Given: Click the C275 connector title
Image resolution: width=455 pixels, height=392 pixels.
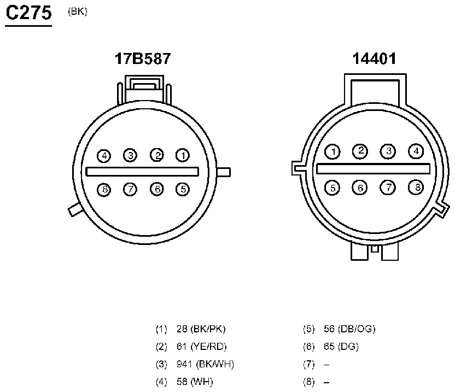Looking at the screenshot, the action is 28,13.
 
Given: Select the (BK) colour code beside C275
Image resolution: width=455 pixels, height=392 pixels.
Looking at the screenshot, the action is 78,11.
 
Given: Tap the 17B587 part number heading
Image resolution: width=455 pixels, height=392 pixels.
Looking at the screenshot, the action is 143,58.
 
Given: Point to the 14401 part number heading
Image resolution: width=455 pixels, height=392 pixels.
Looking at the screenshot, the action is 374,58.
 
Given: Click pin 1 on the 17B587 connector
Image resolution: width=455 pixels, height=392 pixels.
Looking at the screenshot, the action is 183,155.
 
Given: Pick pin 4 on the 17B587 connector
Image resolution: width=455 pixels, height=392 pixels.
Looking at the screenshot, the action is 104,156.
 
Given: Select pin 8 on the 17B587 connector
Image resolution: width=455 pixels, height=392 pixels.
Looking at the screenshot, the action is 104,190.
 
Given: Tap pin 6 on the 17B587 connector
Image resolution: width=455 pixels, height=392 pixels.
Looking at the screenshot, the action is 157,189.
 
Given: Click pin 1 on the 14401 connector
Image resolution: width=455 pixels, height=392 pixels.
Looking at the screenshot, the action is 332,152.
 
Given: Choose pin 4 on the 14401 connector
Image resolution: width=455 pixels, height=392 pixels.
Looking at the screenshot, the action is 416,151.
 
